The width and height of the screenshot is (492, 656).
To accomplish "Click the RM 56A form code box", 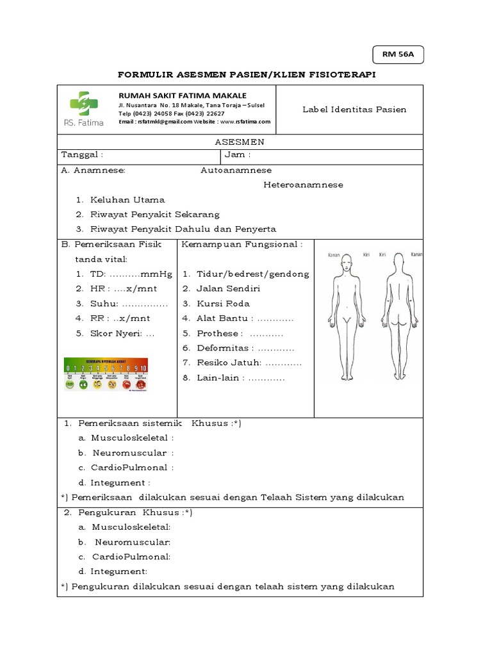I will pos(398,55).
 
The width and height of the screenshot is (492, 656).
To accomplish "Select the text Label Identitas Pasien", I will pos(354,110).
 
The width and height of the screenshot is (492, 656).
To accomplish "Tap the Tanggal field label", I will pos(81,155).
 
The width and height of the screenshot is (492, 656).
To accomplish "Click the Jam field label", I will pos(238,155).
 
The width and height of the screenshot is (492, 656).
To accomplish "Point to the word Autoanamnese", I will pos(236,170).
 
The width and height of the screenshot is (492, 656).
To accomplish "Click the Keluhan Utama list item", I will pos(127,200).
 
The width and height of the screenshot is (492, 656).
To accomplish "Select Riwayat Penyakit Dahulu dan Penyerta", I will pos(183,229).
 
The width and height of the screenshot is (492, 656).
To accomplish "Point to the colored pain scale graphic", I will pos(106,374).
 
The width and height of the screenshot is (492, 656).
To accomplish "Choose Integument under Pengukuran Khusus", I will pos(119,571).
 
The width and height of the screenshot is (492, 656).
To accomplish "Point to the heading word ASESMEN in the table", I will pos(240,142).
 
